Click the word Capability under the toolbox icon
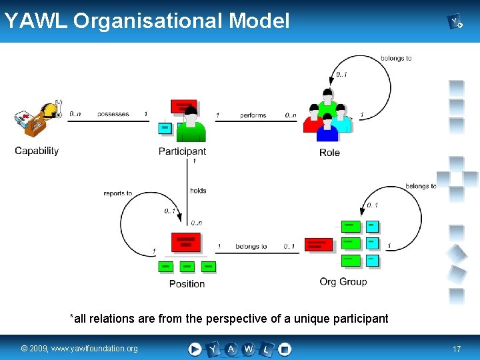[x=37, y=151]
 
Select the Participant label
[x=182, y=151]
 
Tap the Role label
[x=329, y=153]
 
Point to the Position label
[x=187, y=284]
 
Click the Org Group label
[x=343, y=282]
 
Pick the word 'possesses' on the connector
[x=113, y=115]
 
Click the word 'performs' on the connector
[x=253, y=115]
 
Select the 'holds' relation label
[x=198, y=191]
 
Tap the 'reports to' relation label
[x=118, y=193]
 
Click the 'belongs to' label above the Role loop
[x=396, y=59]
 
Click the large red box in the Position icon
[x=186, y=241]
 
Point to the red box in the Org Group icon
[x=319, y=244]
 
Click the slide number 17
[x=457, y=349]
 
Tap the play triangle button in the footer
[x=195, y=349]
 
